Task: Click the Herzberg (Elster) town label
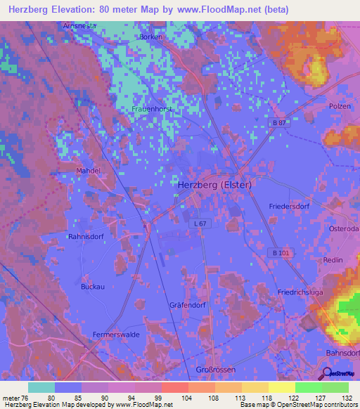pyautogui.click(x=214, y=184)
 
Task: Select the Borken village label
pyautogui.click(x=151, y=37)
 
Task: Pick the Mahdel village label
pyautogui.click(x=89, y=170)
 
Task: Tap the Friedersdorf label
pyautogui.click(x=289, y=206)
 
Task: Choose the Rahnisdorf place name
pyautogui.click(x=86, y=237)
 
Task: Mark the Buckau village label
pyautogui.click(x=92, y=287)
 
